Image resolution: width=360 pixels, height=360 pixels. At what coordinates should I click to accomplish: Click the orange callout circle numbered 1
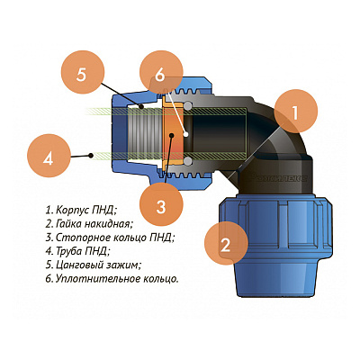click(x=295, y=112)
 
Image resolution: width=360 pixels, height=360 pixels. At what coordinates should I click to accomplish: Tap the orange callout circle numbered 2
click(x=226, y=244)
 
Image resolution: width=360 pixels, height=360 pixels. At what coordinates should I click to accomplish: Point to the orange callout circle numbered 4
click(x=49, y=157)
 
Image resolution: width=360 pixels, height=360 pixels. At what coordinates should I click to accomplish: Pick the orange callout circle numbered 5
click(x=82, y=74)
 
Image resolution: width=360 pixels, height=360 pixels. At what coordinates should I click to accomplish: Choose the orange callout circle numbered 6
click(x=161, y=74)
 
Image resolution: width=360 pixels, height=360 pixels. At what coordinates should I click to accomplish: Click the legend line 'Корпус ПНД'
click(x=81, y=210)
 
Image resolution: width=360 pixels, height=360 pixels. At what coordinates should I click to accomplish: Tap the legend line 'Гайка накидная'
click(x=89, y=224)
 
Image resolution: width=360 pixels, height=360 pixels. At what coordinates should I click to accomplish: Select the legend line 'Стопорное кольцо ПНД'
click(x=110, y=238)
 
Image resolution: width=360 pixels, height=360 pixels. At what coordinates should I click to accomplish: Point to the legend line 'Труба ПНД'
click(x=77, y=251)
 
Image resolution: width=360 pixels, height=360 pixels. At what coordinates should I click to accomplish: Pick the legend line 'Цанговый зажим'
click(x=94, y=265)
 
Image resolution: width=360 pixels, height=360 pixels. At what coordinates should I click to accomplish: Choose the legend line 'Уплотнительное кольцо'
click(x=112, y=279)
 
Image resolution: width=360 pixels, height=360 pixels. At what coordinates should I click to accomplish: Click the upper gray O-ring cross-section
click(x=188, y=106)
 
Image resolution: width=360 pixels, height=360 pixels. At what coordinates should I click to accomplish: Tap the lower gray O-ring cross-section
click(x=188, y=161)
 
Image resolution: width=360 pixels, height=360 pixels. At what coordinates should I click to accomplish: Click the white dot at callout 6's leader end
click(x=186, y=134)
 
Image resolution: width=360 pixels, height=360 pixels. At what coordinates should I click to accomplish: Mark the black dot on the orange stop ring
click(x=171, y=136)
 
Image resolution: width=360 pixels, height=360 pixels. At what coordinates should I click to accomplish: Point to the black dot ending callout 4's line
click(x=90, y=155)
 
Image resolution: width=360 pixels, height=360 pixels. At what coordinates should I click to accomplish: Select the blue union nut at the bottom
click(x=276, y=246)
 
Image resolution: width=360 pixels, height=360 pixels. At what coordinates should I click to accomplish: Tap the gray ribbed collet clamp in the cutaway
click(x=145, y=133)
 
